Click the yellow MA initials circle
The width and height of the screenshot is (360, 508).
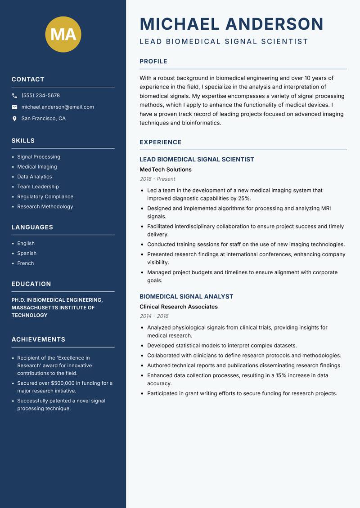coord(63,34)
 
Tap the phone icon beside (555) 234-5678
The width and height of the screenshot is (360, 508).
coord(14,96)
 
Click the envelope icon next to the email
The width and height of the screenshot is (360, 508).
coord(14,107)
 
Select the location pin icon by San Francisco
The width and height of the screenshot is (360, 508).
coord(14,119)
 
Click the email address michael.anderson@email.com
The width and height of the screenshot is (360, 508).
coord(58,107)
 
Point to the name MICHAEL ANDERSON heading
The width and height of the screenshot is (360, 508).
coord(231,24)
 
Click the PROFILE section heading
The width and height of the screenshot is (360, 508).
coord(153,62)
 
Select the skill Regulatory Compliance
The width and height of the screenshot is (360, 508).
coord(45,196)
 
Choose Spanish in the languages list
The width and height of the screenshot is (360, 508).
coord(27,253)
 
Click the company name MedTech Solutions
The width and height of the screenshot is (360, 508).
coord(165,169)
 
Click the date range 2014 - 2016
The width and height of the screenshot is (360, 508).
coord(153,316)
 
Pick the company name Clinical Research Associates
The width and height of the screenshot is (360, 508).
coord(178,307)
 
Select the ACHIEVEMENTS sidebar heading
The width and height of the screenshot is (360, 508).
coord(38,339)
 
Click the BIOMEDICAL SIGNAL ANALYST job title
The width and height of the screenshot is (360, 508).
coord(186,297)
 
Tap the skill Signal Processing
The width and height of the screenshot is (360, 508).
coord(38,157)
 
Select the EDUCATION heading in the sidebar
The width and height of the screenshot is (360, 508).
coord(31,284)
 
